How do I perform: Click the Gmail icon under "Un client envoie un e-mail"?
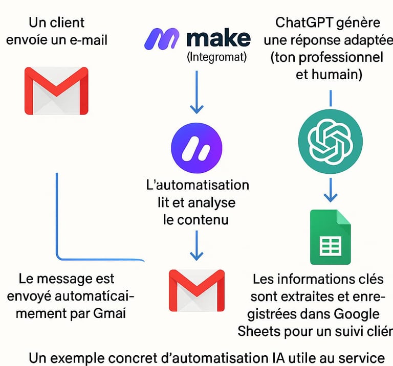point(56,90)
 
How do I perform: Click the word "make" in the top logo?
point(219,38)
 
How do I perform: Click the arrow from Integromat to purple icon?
point(197,92)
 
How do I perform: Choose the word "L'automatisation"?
point(197,185)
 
